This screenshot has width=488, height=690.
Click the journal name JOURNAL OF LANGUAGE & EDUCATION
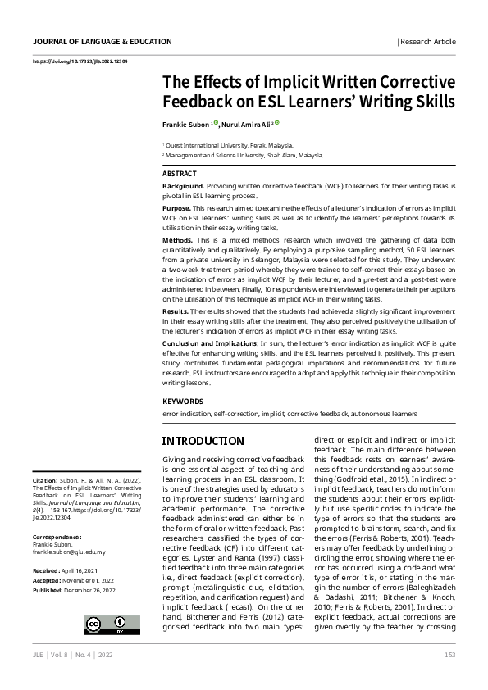[x=103, y=41]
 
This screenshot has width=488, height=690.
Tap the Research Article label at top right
[x=427, y=41]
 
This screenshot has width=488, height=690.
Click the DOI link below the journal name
[x=80, y=61]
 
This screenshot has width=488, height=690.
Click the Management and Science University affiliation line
[x=244, y=153]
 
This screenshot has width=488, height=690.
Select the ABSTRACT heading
[x=180, y=174]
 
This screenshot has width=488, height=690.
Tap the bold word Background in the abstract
[x=183, y=187]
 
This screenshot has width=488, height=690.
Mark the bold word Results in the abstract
[x=176, y=312]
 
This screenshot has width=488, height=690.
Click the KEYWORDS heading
[x=182, y=402]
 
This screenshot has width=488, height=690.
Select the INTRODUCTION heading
[x=203, y=441]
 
